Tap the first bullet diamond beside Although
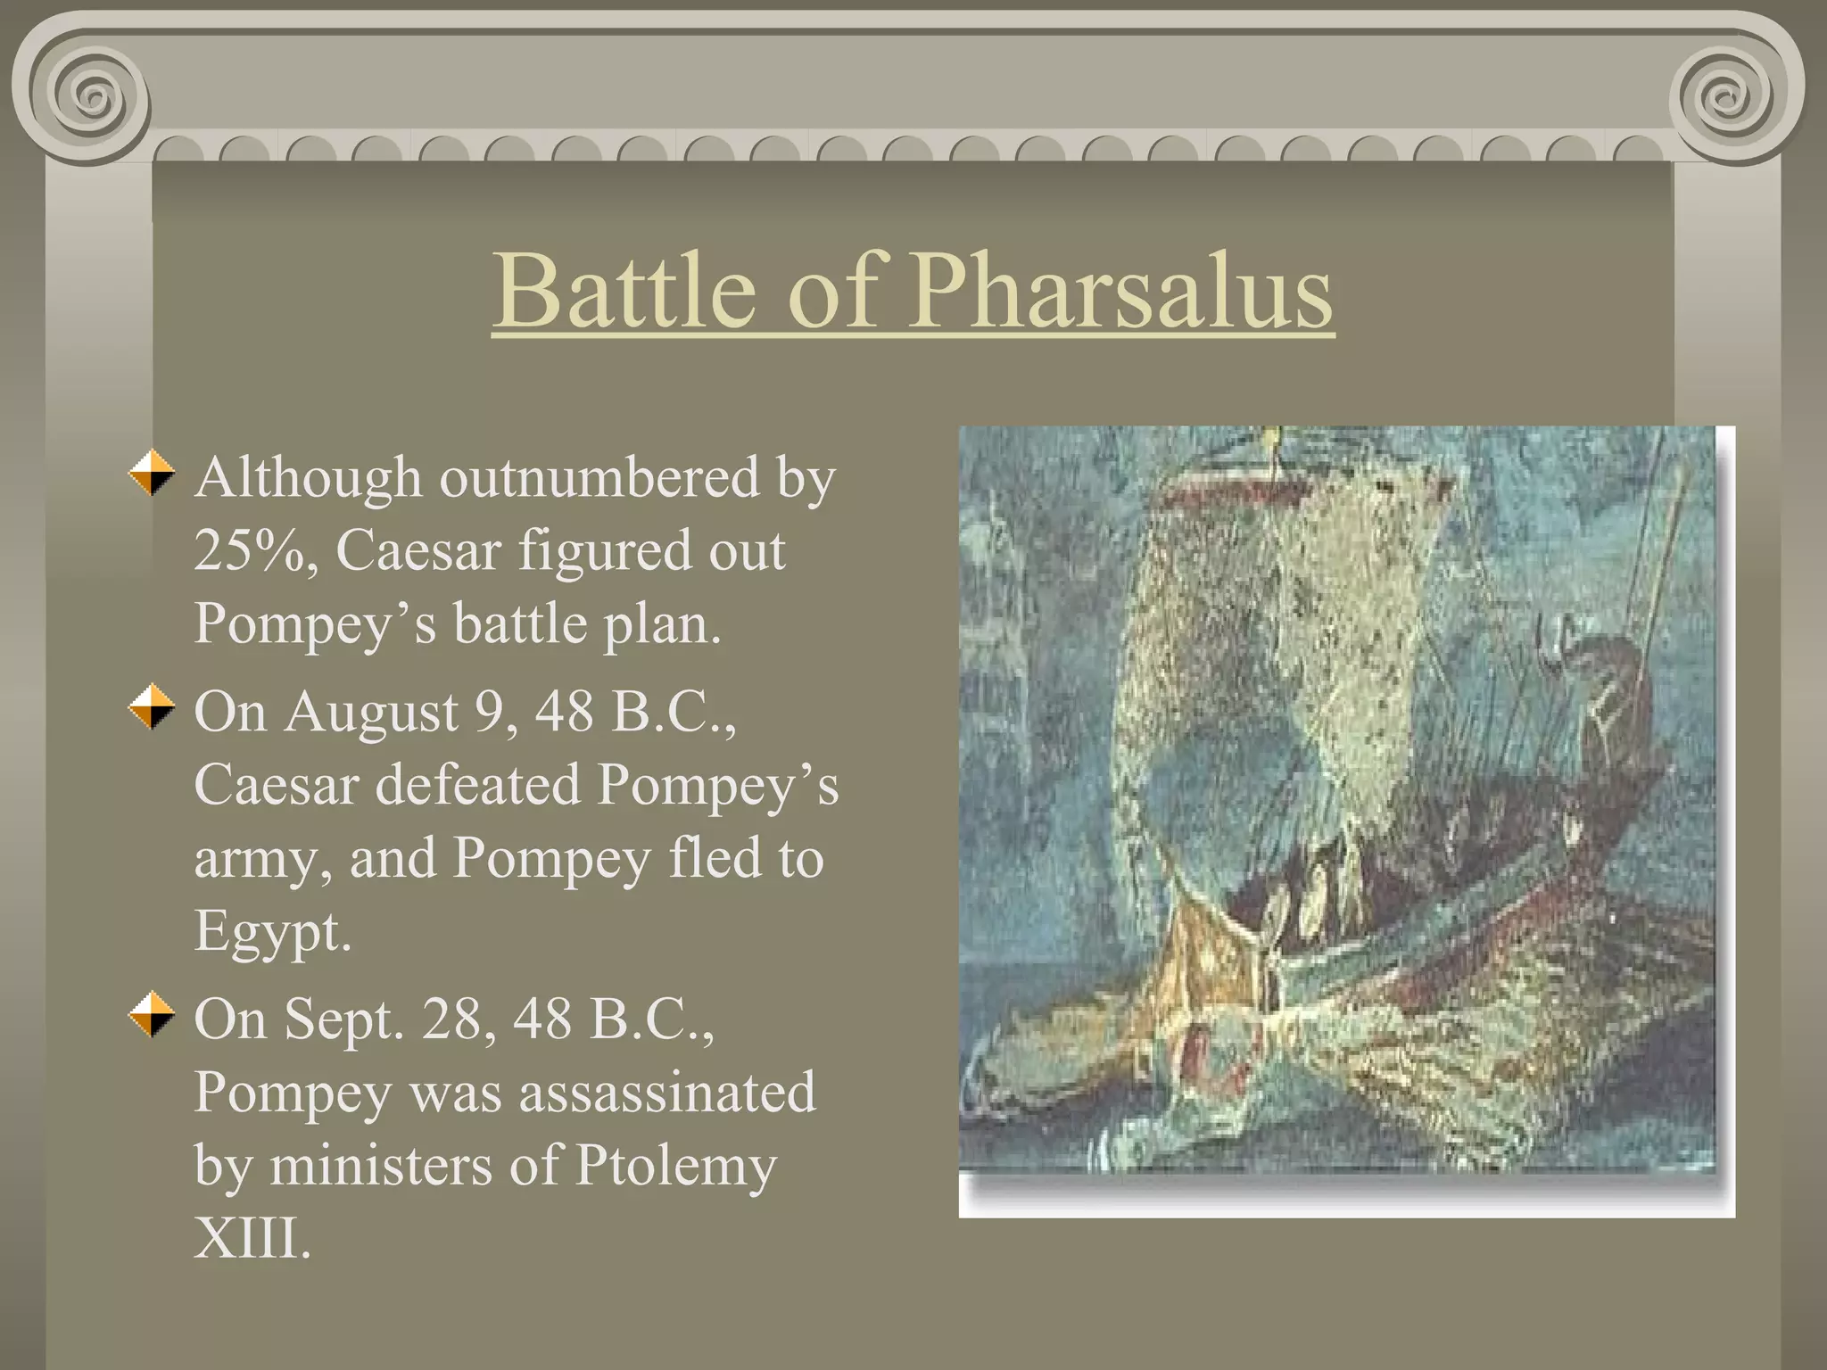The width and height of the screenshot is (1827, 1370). coord(152,473)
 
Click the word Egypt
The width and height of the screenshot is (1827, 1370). coord(273,933)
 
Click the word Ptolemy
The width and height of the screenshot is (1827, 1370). coord(675,1165)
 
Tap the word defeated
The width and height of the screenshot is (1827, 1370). coord(477,785)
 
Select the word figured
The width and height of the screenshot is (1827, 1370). coord(606,550)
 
